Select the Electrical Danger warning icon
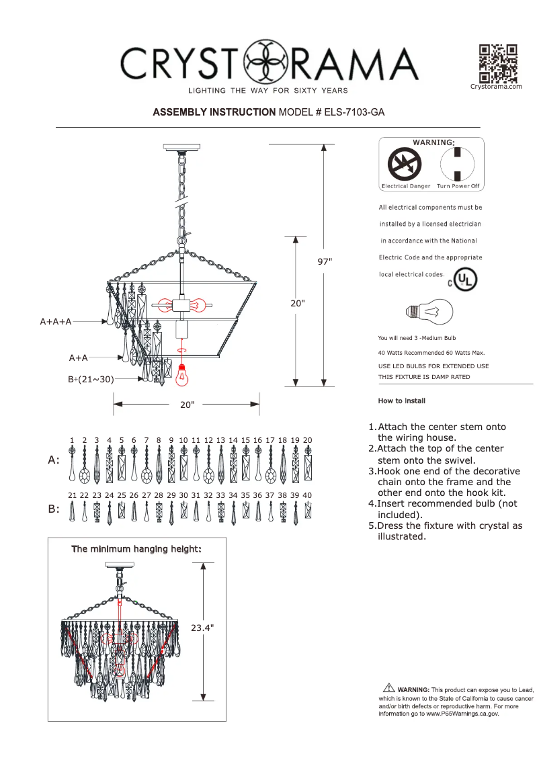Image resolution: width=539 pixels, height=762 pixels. click(x=405, y=163)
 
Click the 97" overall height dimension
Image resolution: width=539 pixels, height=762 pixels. click(x=325, y=261)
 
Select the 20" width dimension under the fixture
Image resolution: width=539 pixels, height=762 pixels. click(x=187, y=405)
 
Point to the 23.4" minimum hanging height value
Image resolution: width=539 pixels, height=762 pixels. click(x=202, y=628)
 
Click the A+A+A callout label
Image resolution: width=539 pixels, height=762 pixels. click(x=56, y=322)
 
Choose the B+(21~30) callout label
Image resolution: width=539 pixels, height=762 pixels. click(x=91, y=380)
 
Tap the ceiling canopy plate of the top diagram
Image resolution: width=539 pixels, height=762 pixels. click(x=182, y=146)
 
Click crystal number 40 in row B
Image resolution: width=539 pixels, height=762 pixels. click(x=308, y=512)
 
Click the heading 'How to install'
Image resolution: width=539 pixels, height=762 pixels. click(x=402, y=400)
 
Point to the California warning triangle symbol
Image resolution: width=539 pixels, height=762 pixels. click(x=388, y=687)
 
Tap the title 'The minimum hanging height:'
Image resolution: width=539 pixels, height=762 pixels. click(x=136, y=549)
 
